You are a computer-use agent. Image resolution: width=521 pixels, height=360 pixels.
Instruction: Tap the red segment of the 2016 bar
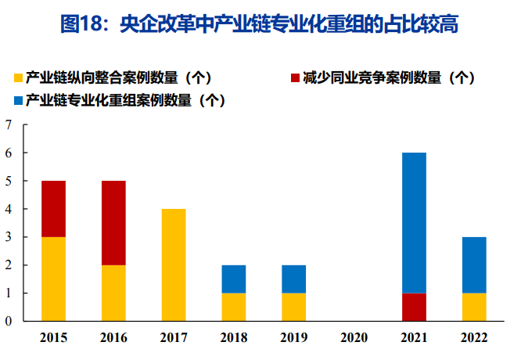[113, 223]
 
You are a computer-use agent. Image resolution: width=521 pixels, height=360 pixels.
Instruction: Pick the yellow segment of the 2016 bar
[113, 293]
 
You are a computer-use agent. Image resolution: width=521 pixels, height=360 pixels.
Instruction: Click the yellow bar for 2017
[174, 265]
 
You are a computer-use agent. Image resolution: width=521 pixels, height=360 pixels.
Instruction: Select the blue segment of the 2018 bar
[234, 279]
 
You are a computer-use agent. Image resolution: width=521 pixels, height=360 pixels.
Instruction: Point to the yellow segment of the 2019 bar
[294, 307]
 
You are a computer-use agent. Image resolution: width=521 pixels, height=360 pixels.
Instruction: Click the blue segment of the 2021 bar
[415, 223]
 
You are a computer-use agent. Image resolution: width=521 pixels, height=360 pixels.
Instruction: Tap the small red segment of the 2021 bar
[415, 307]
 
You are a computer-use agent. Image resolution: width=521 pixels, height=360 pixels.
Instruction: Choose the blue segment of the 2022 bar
[474, 265]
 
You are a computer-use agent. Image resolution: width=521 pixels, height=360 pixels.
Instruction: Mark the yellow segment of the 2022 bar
[474, 307]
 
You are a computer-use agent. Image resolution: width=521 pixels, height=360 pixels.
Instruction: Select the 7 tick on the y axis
[9, 125]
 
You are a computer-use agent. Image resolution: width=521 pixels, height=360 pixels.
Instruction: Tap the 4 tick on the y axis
[9, 210]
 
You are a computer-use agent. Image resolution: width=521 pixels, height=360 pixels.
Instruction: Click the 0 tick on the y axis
[9, 322]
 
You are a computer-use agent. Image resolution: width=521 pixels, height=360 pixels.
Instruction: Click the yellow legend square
[18, 77]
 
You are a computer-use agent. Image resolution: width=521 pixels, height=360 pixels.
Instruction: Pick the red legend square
[295, 77]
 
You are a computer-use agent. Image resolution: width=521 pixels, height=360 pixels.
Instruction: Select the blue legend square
[18, 100]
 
